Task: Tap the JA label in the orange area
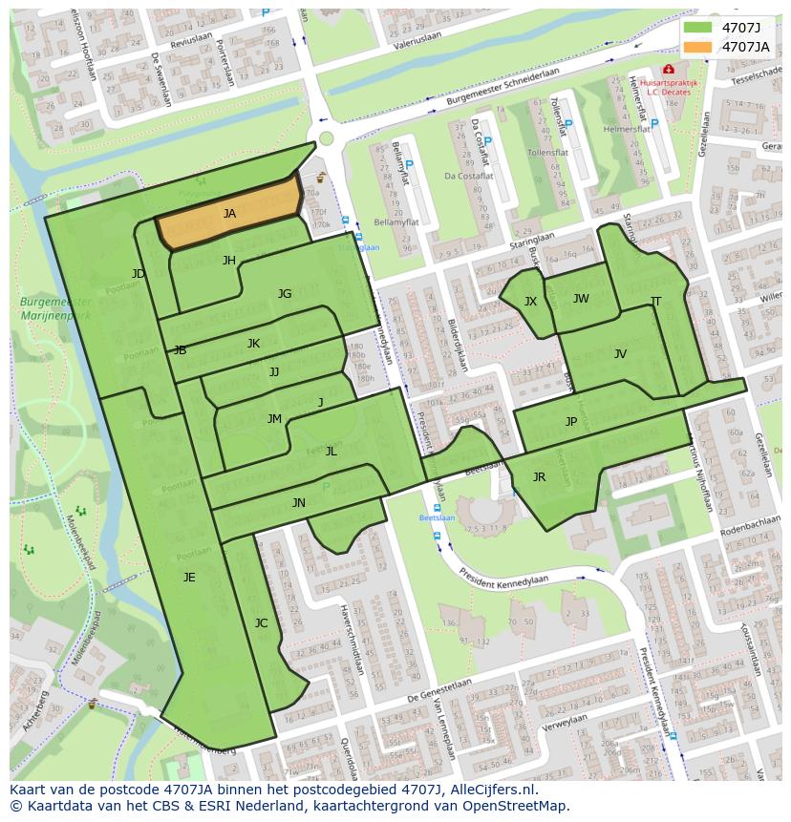coord(229,214)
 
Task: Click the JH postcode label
coord(229,260)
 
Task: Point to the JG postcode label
coord(285,294)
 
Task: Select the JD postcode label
coord(139,274)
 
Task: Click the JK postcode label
coord(253,344)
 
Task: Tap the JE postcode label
coord(189,577)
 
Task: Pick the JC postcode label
coord(261,623)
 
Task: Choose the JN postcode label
coord(299,503)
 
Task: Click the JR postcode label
coord(539,477)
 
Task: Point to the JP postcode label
coord(571,421)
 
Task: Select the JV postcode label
coord(620,354)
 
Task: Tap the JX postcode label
coord(530,302)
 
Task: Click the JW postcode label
coord(581,299)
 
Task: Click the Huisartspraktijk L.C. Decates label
coord(669,88)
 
